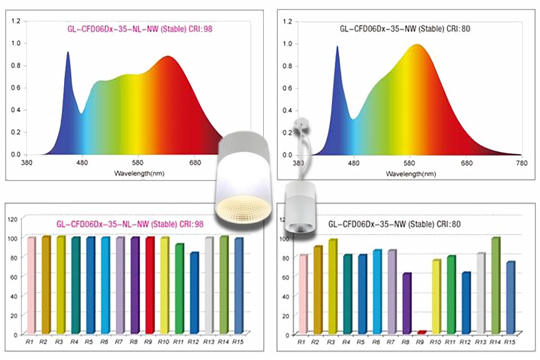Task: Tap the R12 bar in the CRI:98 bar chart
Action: (194, 292)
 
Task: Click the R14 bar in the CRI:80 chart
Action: (496, 286)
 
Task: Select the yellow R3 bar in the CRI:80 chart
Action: (332, 287)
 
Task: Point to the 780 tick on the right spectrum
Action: (521, 163)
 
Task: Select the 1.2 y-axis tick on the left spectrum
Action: (16, 21)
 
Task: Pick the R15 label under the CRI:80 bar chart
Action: (510, 341)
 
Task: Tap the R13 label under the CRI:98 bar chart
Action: (209, 341)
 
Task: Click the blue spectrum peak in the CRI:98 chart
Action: (68, 54)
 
